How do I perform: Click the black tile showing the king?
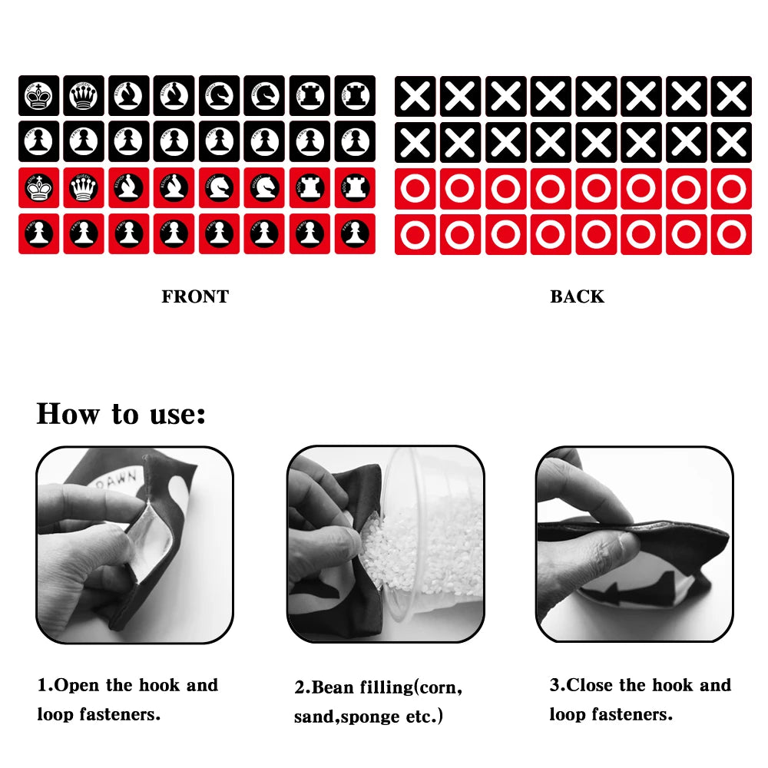click(38, 95)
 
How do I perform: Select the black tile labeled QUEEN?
click(84, 95)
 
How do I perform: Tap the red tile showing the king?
click(38, 188)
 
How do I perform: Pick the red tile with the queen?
click(84, 188)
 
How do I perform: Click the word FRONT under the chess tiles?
click(195, 297)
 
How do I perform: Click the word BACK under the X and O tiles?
click(577, 297)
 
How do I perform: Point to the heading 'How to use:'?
click(121, 414)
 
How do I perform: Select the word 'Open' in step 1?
click(78, 685)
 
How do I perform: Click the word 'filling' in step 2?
click(385, 687)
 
